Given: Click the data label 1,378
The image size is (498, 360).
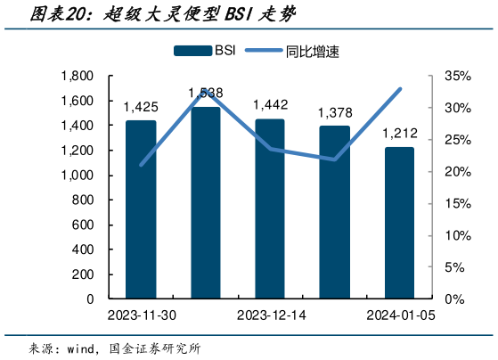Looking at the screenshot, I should point(335,112).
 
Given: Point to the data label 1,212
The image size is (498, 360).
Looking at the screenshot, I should point(399,133).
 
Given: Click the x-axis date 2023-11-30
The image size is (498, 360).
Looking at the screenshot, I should point(140,315).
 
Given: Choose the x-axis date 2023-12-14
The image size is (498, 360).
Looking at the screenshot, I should point(270,315).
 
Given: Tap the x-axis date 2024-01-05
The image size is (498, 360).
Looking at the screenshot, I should point(399,315).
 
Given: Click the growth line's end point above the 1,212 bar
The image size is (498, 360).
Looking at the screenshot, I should point(399,89).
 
